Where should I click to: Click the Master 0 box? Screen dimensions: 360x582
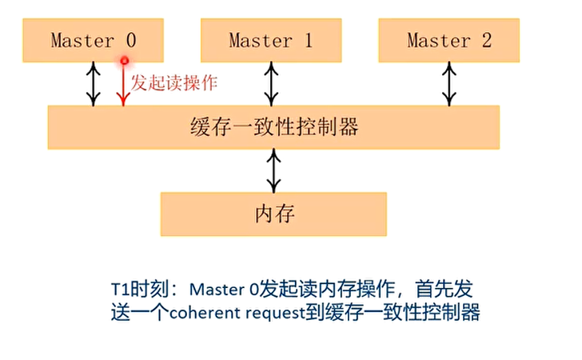coord(94,40)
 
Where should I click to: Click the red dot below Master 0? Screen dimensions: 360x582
coord(124,60)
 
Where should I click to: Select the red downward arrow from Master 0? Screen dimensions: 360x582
coord(122,85)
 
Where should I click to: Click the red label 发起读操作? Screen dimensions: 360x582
coord(175,82)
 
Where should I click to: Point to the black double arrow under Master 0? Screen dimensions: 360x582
coord(94,84)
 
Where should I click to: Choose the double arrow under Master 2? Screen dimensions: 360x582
coord(449,84)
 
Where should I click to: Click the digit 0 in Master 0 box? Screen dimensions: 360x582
coord(131,40)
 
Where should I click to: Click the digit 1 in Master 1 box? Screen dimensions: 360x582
coord(308,40)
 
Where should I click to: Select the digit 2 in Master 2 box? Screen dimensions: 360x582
coord(486,40)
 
